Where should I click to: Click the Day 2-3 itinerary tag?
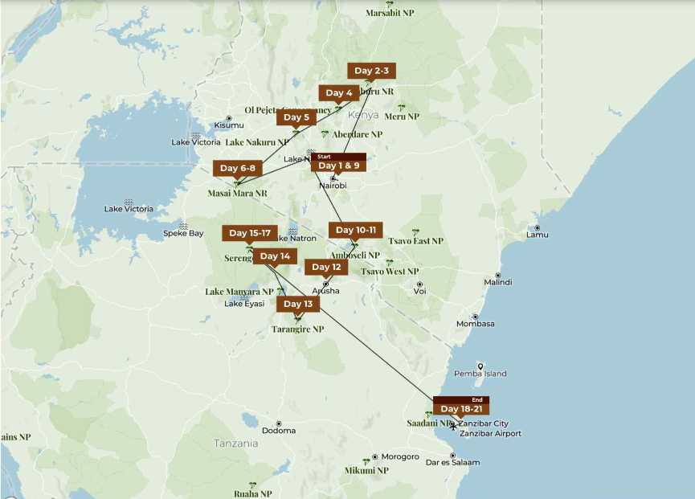(371, 72)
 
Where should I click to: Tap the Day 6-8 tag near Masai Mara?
(237, 168)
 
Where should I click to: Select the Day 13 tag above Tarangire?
(298, 304)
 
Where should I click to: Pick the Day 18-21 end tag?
(460, 409)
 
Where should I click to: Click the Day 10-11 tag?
(355, 230)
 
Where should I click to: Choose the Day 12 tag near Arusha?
(326, 267)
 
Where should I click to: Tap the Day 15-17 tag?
(249, 233)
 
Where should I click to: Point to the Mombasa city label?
(476, 324)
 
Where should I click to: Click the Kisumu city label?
(229, 125)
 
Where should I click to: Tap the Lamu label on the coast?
(538, 235)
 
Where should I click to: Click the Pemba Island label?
(480, 374)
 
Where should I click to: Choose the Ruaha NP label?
(253, 493)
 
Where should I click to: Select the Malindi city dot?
(497, 272)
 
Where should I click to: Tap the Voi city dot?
(419, 284)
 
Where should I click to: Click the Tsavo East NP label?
(415, 241)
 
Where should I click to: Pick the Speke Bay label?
(183, 234)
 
